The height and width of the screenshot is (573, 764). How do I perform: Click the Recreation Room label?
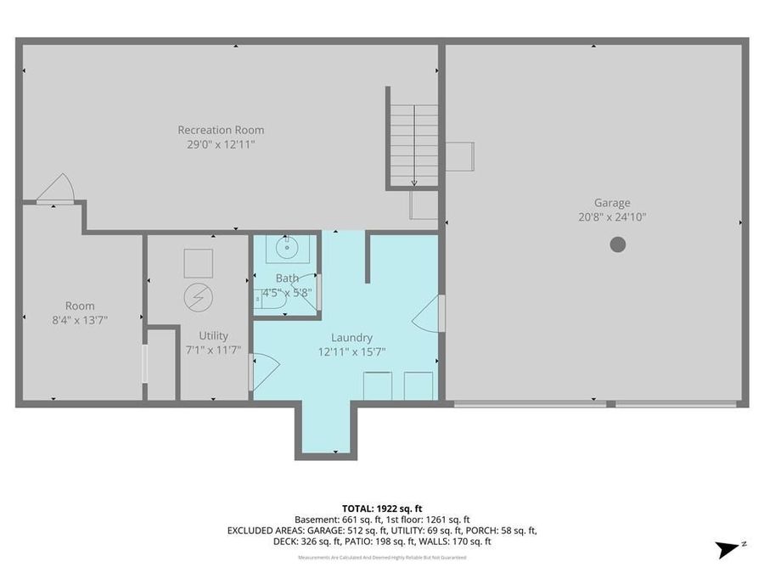[221, 130]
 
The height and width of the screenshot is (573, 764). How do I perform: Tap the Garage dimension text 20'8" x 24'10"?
[611, 216]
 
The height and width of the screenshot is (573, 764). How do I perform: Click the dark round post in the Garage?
[618, 244]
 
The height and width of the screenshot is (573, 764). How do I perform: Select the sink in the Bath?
[284, 249]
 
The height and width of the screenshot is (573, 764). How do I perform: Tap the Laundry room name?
[351, 337]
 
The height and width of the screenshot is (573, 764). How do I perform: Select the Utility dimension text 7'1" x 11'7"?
[213, 350]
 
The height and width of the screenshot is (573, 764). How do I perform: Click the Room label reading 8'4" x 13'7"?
[80, 319]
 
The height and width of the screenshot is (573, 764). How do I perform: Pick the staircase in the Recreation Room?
[413, 144]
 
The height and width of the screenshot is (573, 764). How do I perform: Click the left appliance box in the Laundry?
[377, 385]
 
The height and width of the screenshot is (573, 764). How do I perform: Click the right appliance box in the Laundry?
[418, 385]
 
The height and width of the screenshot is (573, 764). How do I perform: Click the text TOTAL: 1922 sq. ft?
[381, 508]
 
